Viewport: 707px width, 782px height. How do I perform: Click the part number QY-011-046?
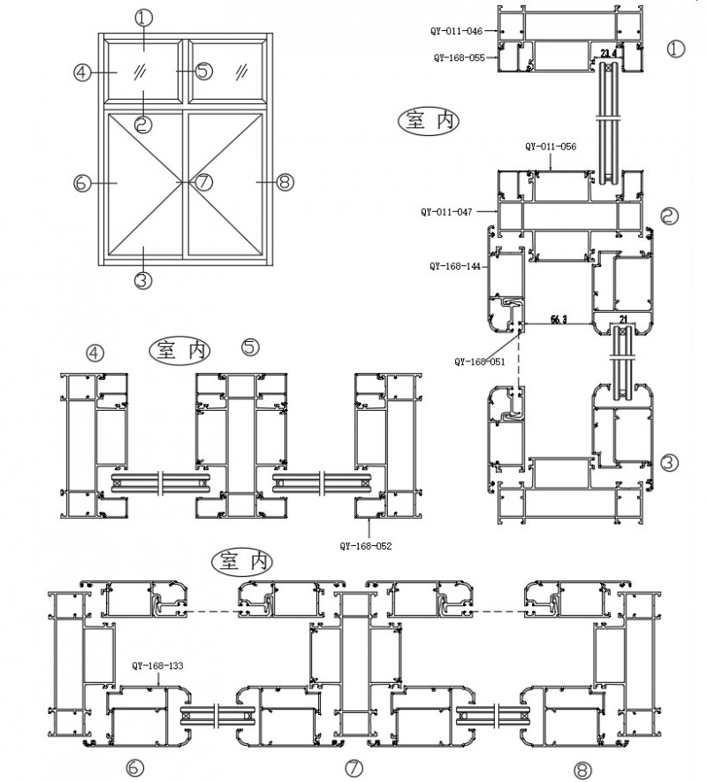click(457, 31)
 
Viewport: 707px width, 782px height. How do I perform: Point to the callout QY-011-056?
click(551, 147)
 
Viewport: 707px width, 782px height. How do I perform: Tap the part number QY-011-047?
click(446, 212)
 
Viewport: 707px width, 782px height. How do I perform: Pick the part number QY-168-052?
click(365, 546)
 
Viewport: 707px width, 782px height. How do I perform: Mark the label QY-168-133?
click(158, 666)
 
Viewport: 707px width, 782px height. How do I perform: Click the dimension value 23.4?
click(608, 54)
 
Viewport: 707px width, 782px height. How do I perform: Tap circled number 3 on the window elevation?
click(144, 280)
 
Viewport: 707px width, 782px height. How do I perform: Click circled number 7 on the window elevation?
click(203, 183)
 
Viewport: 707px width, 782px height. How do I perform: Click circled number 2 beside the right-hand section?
click(669, 215)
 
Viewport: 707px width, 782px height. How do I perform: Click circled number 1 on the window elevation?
click(144, 17)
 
